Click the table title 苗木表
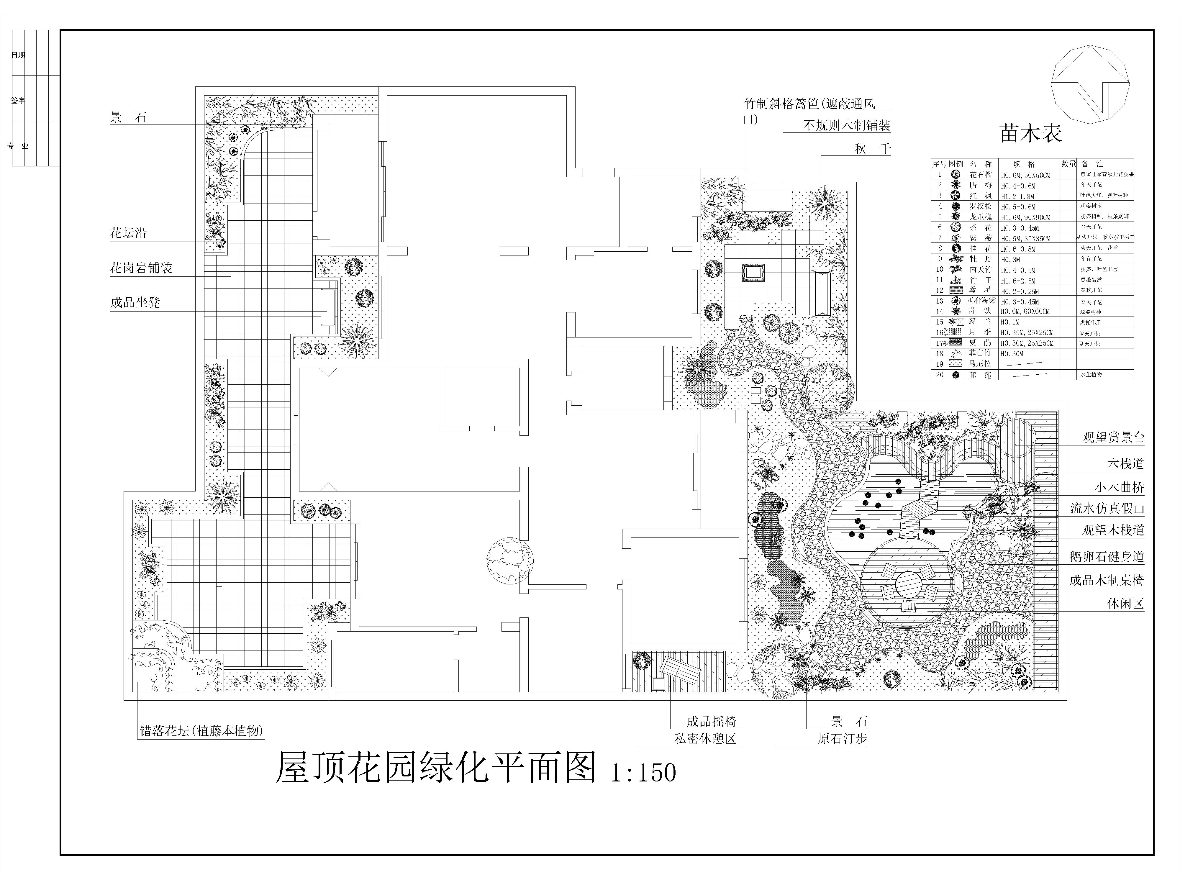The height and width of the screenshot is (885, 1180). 1031,133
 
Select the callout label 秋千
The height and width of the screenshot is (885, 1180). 873,149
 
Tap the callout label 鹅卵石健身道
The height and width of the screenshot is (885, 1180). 1106,556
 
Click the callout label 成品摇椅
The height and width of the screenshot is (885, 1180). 711,722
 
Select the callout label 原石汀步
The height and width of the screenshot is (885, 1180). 842,739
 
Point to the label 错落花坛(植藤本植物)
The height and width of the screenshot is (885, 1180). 202,731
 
